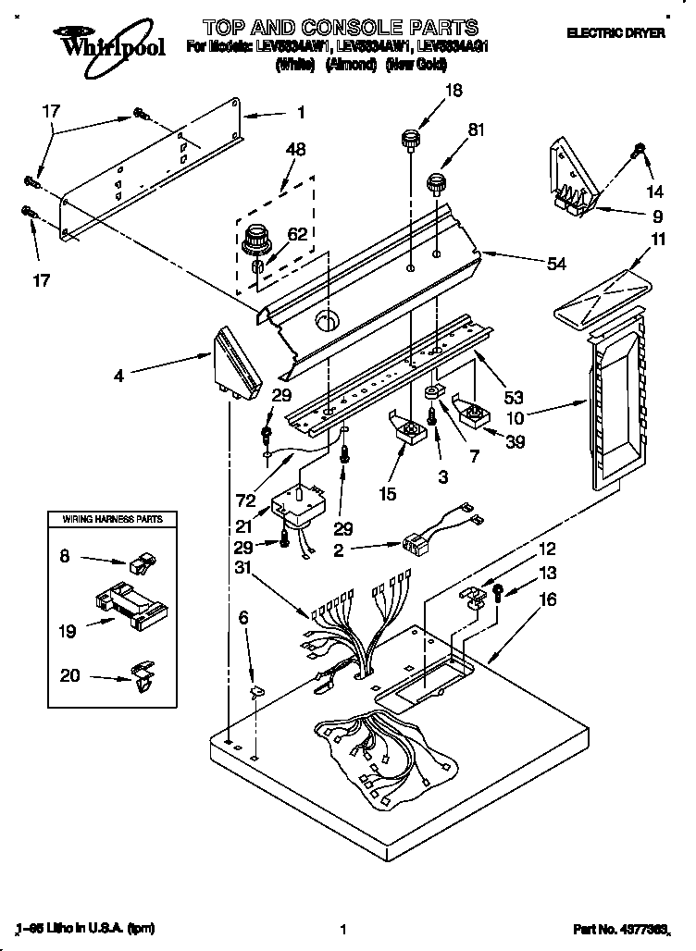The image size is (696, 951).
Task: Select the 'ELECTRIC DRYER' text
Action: (615, 32)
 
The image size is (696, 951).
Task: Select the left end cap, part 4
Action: (238, 364)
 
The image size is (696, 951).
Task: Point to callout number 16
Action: (547, 599)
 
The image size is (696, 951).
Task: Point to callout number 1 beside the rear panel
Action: (300, 115)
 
